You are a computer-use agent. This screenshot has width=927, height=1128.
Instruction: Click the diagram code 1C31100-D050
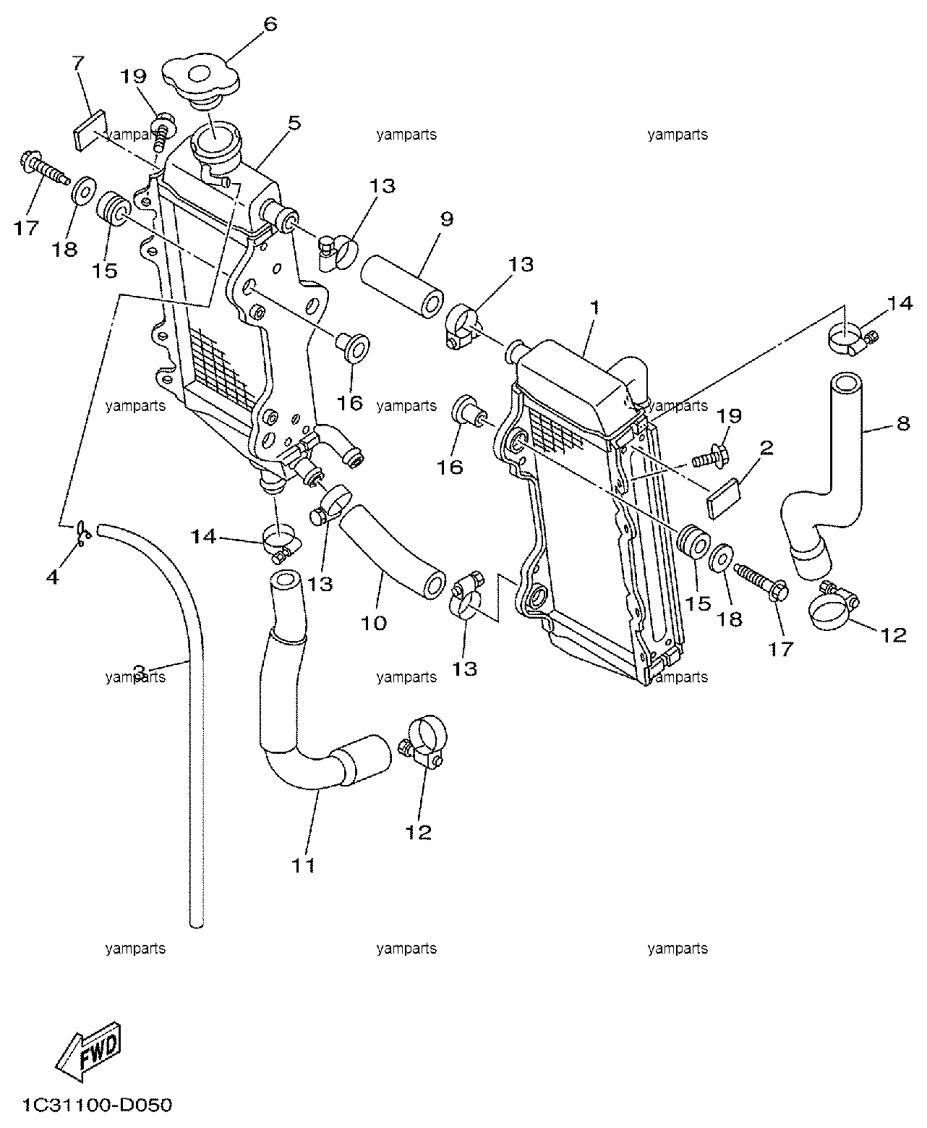[97, 1105]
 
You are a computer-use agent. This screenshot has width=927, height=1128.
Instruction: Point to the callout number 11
[303, 865]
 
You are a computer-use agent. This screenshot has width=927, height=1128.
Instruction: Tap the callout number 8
[903, 423]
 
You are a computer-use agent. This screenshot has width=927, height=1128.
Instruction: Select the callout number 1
[594, 308]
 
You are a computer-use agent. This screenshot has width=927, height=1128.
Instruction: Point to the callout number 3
[139, 671]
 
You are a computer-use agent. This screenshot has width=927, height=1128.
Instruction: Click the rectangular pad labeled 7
[89, 130]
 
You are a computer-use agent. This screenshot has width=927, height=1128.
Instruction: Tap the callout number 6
[270, 24]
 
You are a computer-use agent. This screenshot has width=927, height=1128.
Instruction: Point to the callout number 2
[766, 448]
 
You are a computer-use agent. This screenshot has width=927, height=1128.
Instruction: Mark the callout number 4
[52, 577]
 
